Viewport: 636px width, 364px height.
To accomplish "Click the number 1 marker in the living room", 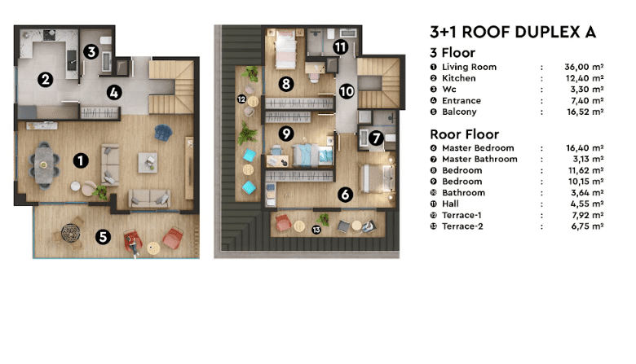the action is coord(81,160).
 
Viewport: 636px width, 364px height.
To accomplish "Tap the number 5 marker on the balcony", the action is coord(103,236).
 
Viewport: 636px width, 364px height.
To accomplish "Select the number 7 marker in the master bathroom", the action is coord(376,138).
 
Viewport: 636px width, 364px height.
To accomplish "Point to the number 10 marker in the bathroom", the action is coord(347,91).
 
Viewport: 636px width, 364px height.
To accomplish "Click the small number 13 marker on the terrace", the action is coord(316,230).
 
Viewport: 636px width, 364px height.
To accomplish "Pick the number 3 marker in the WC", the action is coord(91,52).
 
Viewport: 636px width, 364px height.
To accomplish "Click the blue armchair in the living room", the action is coord(163,133).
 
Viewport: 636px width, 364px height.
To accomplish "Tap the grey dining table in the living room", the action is coord(44,164).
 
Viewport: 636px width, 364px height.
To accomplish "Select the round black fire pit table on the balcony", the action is coord(71,233).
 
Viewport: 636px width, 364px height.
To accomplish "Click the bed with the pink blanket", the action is coord(285,49).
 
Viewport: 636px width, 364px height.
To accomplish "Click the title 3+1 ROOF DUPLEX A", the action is coord(513,32).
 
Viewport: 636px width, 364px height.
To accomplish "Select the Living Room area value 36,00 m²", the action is coord(584,67).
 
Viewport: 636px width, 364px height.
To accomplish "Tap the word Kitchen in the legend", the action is coord(459,78).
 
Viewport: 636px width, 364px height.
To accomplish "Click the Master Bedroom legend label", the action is coord(478,147).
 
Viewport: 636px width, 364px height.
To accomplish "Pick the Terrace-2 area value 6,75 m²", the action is coord(587,226).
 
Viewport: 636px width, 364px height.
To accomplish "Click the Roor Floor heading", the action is coord(465,134).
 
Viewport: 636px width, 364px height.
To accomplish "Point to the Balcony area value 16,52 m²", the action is coord(585,112).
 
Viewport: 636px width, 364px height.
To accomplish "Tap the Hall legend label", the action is coord(450,204).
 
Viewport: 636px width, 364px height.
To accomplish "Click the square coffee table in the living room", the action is coord(148,162).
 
